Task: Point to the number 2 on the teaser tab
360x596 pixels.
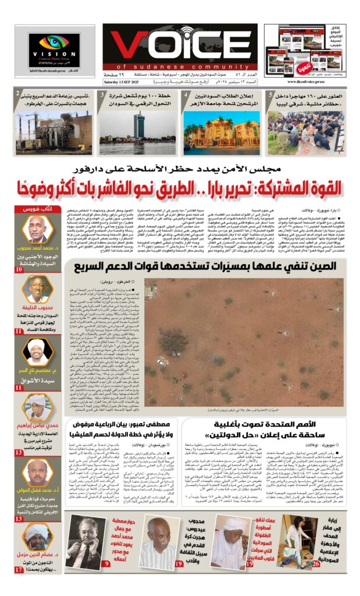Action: [x=19, y=94]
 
